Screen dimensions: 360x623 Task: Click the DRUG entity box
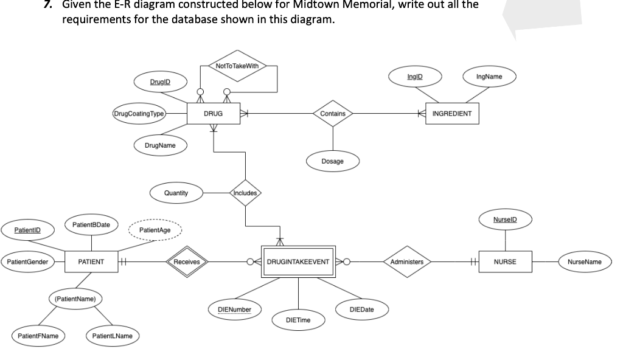coord(212,114)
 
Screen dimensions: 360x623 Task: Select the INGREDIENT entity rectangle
coord(451,114)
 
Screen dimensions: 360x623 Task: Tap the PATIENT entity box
coord(91,261)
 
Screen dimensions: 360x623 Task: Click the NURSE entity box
coord(504,261)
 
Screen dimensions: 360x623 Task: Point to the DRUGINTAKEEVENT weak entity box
coord(298,261)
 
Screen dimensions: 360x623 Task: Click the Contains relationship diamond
coord(332,114)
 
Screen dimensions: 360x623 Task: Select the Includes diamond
coord(245,193)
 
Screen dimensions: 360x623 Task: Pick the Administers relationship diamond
coord(406,261)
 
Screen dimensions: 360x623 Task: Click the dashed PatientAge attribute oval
coord(155,230)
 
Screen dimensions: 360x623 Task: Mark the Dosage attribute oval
coord(332,161)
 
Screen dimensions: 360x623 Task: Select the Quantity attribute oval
coord(176,193)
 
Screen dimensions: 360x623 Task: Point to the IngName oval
coord(489,77)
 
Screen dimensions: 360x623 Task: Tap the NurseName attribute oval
coord(584,261)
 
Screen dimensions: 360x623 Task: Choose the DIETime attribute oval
coord(298,320)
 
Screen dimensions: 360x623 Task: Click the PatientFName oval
coord(38,336)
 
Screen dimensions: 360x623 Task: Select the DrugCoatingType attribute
coord(139,114)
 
